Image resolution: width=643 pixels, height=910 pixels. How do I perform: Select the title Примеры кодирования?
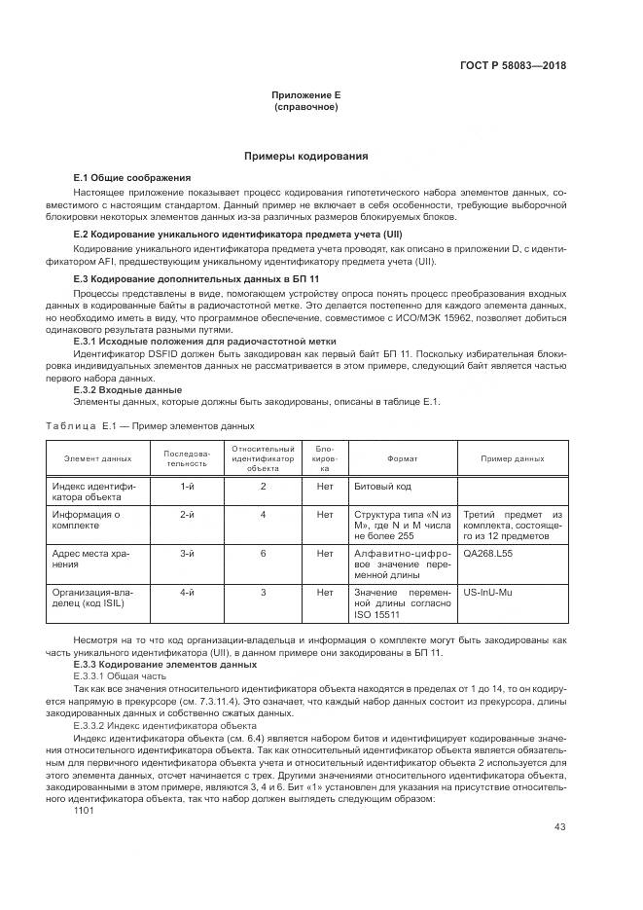click(x=305, y=156)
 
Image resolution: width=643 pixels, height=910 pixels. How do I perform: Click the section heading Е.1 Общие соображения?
click(x=132, y=178)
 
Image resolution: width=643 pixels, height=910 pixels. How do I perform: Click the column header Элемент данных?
click(x=97, y=457)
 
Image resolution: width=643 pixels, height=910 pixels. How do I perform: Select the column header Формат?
click(x=402, y=457)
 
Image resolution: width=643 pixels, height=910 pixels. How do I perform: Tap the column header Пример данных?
click(x=512, y=457)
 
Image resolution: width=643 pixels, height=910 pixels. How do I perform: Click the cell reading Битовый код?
click(x=383, y=485)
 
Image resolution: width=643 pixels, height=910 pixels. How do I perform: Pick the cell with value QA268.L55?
click(x=489, y=553)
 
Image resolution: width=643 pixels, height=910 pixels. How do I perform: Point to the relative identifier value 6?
click(x=263, y=553)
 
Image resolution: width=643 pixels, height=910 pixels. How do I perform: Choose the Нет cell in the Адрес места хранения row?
click(x=325, y=553)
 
